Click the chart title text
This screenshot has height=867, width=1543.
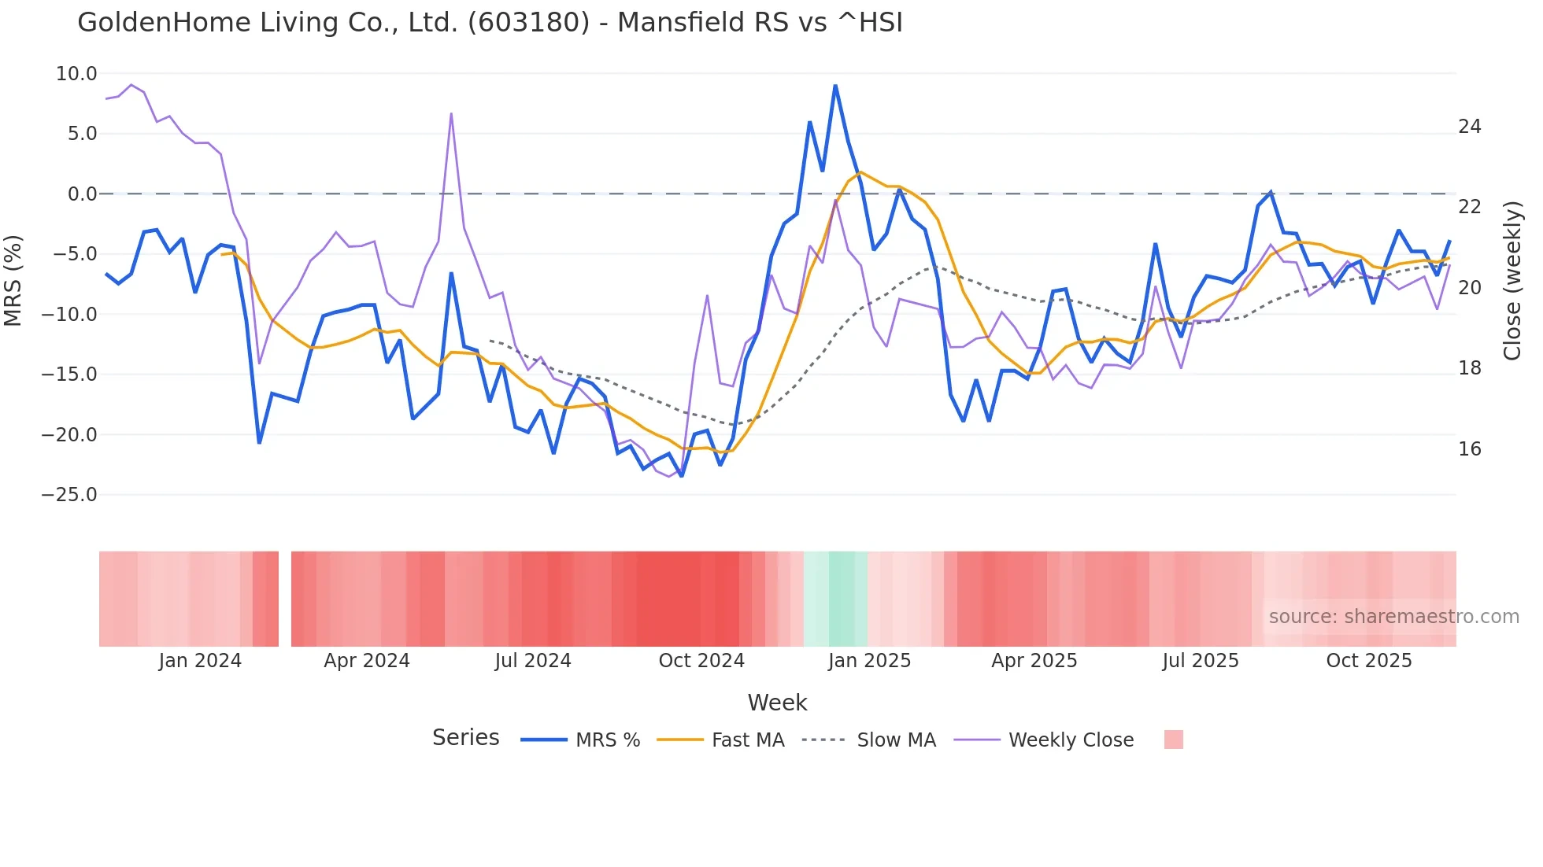[490, 22]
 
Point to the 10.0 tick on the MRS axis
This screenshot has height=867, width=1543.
[76, 74]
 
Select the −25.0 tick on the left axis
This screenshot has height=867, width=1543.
[69, 495]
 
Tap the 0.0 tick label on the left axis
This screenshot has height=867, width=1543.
[82, 194]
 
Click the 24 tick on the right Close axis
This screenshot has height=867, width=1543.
[1469, 127]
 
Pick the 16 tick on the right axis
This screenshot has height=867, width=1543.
[1469, 449]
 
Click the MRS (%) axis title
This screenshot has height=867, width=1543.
[13, 280]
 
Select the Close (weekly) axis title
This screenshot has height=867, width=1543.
[1512, 281]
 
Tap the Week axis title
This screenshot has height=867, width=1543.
[777, 703]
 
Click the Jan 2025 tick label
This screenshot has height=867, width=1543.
[869, 661]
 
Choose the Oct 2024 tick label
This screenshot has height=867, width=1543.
[701, 661]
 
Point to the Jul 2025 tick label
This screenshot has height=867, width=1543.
[1200, 661]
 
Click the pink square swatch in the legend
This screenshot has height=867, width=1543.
[1173, 740]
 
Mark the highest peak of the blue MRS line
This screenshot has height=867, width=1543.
[835, 86]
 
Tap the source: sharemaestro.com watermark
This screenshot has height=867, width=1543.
[1393, 617]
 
